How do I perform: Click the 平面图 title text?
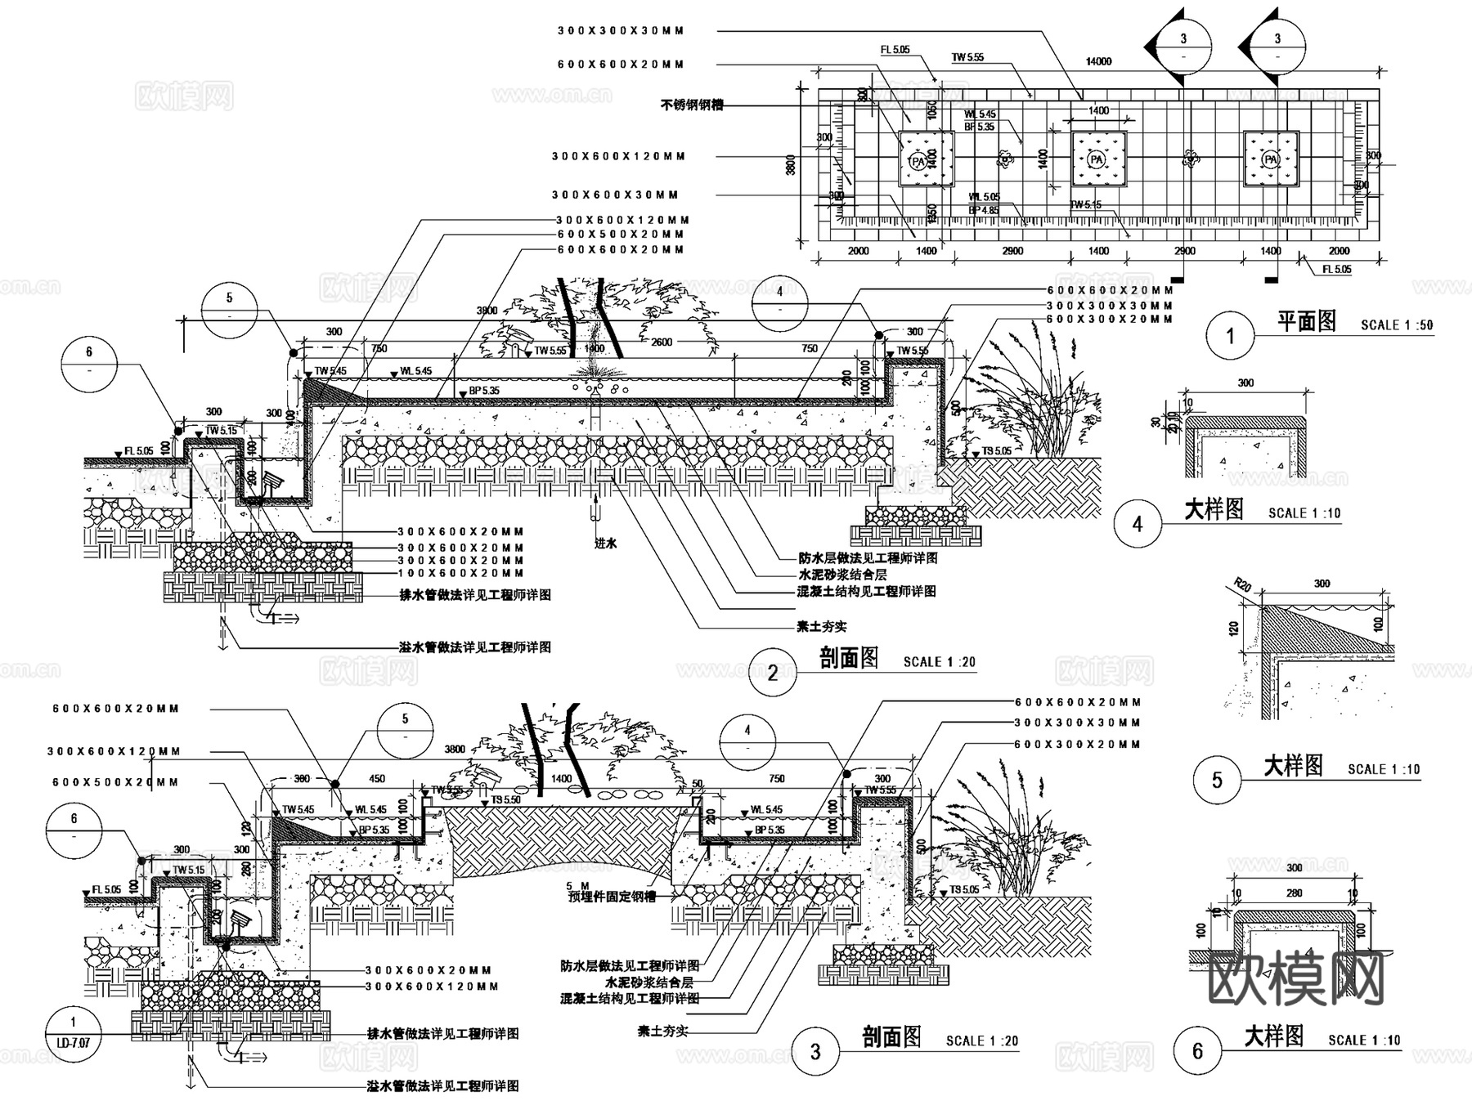pyautogui.click(x=1306, y=322)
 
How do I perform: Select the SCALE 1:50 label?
pyautogui.click(x=1397, y=325)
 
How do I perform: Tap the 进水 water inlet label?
pyautogui.click(x=605, y=543)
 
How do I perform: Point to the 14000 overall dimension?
pyautogui.click(x=1098, y=61)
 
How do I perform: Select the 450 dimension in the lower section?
pyautogui.click(x=377, y=778)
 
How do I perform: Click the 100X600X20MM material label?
pyautogui.click(x=460, y=574)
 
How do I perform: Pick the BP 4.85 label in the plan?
pyautogui.click(x=983, y=211)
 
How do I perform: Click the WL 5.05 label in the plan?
pyautogui.click(x=984, y=197)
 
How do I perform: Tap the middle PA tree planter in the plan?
pyautogui.click(x=1097, y=159)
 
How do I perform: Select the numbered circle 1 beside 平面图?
pyautogui.click(x=1230, y=335)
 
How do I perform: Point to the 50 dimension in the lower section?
pyautogui.click(x=697, y=784)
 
